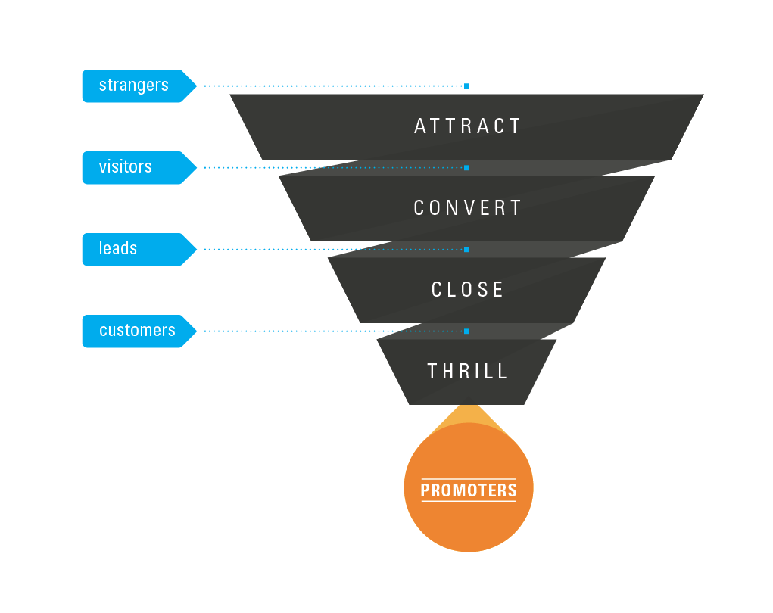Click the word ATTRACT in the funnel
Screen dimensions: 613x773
click(x=468, y=126)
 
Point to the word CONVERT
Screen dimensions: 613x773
click(x=468, y=208)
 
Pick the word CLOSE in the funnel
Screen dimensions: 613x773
click(x=468, y=290)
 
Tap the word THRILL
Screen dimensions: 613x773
click(x=468, y=372)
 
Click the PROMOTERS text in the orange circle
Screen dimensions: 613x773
click(x=469, y=490)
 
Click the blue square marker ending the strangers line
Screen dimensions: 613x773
click(x=466, y=86)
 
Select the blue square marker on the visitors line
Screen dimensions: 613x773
click(x=466, y=167)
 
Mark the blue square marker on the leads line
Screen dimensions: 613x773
click(x=466, y=249)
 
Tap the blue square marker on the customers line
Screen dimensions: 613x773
click(x=466, y=331)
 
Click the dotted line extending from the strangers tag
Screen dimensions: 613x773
click(x=333, y=86)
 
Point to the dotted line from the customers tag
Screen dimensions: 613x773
click(x=333, y=331)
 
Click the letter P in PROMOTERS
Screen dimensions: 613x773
click(x=425, y=490)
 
